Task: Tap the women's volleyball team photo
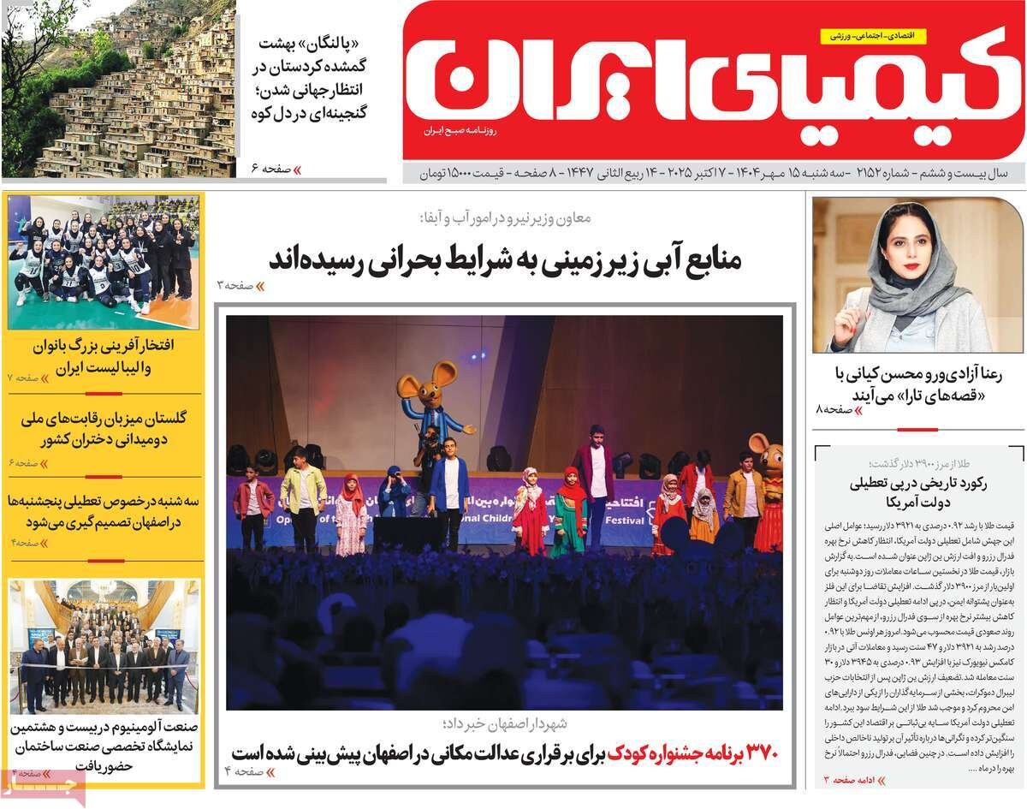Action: coord(103,261)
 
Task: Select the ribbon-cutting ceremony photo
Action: coord(103,646)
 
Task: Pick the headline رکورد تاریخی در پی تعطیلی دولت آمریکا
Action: coord(917,491)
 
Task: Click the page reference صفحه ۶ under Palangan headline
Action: coord(272,169)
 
